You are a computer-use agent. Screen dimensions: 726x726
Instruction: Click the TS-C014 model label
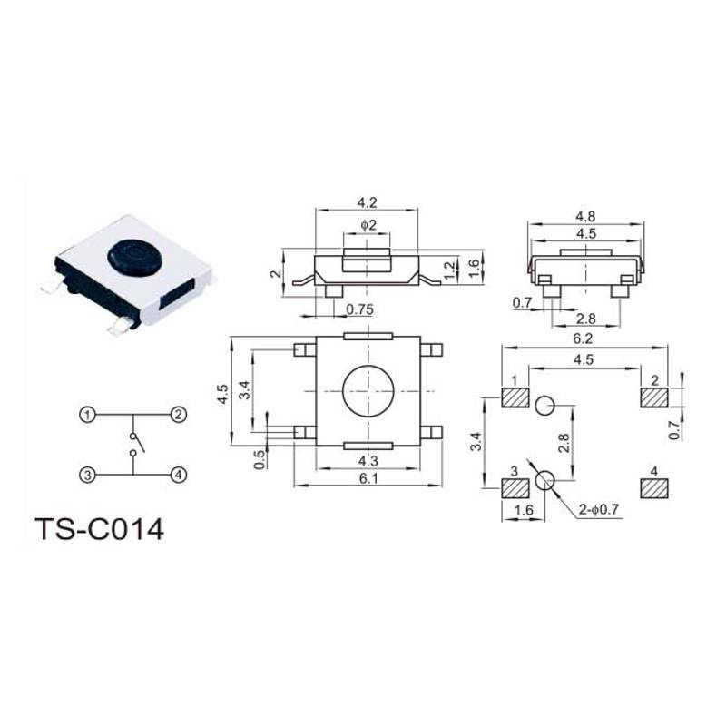(x=100, y=529)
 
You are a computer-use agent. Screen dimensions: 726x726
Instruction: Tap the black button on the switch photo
(x=132, y=258)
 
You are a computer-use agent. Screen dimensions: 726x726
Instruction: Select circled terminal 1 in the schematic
(x=87, y=415)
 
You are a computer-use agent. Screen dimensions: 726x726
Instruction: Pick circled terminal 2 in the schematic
(x=179, y=415)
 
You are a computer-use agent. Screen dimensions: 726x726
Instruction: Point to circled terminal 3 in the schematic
(x=87, y=475)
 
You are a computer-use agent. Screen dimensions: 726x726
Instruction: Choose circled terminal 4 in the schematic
(x=179, y=475)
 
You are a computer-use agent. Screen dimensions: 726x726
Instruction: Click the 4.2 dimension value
(x=367, y=202)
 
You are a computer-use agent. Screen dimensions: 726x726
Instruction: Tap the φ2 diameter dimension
(x=368, y=225)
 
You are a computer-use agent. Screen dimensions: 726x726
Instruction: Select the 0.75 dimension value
(x=359, y=309)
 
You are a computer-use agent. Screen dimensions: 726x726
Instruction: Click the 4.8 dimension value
(x=585, y=217)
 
